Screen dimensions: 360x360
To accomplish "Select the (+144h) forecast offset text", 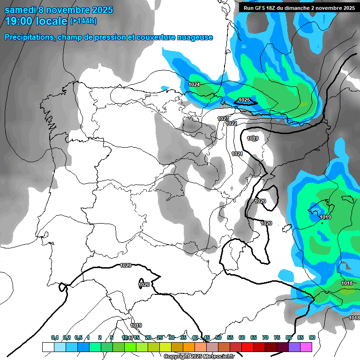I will [83, 21].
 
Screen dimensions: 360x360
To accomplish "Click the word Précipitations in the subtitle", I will [29, 37].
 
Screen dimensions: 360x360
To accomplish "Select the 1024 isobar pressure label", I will [194, 84].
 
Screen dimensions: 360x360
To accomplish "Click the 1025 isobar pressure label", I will [244, 100].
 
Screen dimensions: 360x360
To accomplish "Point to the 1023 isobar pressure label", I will [223, 119].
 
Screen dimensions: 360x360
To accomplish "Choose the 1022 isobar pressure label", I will [231, 123].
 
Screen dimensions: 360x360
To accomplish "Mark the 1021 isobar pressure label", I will [237, 154].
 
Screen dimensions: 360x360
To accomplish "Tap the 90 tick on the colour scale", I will [312, 337].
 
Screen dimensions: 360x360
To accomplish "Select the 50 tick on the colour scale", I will [218, 337].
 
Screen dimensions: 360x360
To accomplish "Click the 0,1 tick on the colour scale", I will [55, 337].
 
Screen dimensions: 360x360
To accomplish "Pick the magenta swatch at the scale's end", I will [306, 347].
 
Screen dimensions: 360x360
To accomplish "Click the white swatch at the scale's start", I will [48, 347].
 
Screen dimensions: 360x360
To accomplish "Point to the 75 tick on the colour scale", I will [277, 337].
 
